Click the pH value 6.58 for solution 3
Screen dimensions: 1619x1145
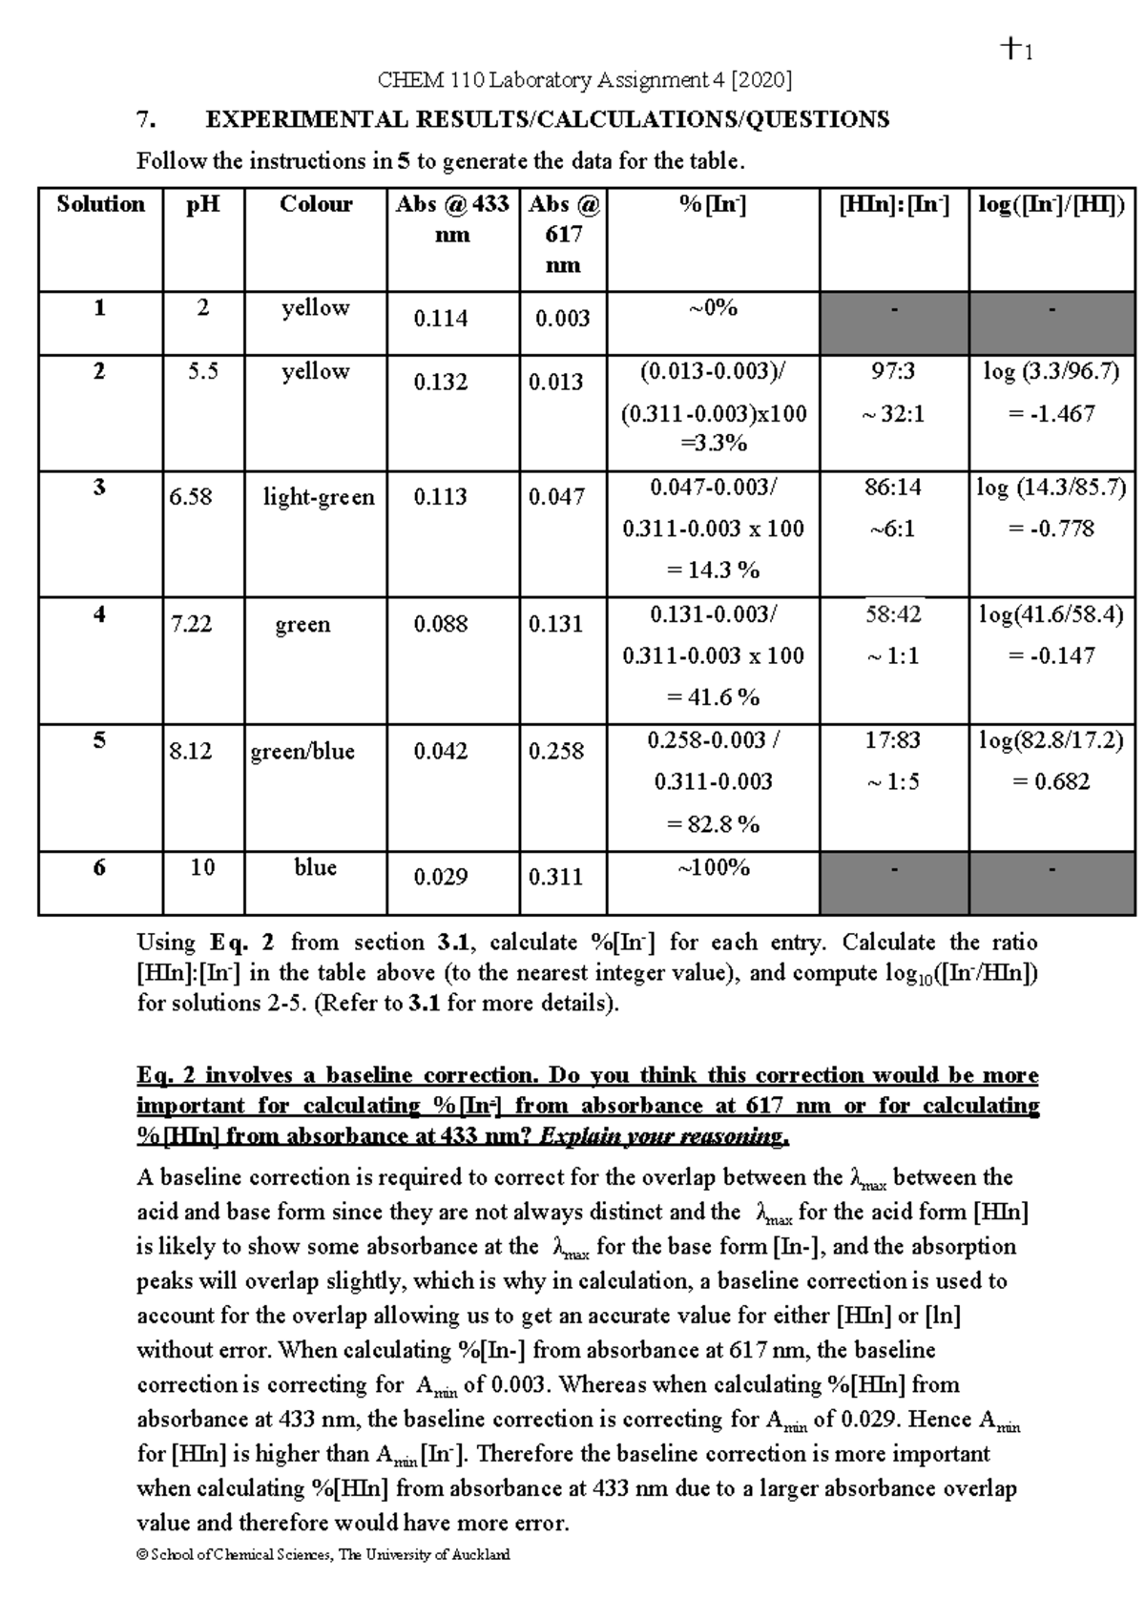191,497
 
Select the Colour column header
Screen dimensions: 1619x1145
315,204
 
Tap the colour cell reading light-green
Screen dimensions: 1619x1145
319,497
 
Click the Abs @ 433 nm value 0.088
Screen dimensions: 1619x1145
441,624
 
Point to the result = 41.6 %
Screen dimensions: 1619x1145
713,697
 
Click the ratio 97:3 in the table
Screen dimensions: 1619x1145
893,371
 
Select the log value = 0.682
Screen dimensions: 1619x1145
1051,781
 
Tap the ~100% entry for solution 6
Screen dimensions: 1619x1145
713,868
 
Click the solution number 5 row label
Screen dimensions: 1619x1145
99,740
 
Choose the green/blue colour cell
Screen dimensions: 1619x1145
302,752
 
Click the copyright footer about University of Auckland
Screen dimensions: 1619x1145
323,1554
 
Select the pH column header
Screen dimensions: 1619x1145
202,204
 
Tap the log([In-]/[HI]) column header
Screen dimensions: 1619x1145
1051,204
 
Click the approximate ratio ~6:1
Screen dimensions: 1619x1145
893,529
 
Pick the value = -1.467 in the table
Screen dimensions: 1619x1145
1051,414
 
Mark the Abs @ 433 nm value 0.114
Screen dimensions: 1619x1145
441,319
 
